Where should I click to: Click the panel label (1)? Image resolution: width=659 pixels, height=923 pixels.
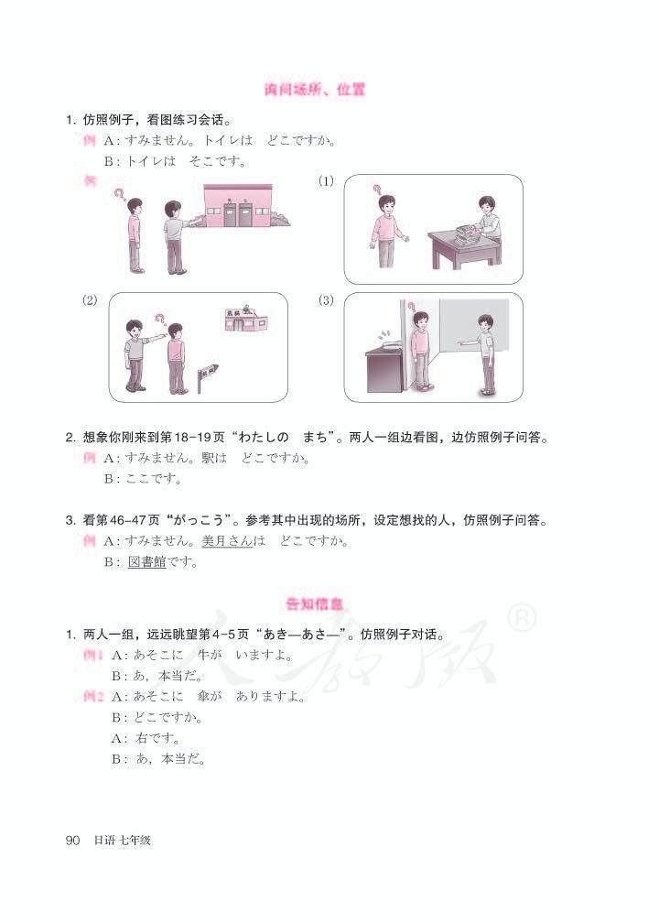tap(326, 182)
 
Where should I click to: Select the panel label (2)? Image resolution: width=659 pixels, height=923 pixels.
tap(90, 300)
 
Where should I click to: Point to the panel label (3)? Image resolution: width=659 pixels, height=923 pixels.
tap(326, 300)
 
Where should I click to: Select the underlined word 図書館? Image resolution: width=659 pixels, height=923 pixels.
tap(147, 563)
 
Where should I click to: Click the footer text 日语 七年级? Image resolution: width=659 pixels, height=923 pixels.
tap(123, 840)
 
